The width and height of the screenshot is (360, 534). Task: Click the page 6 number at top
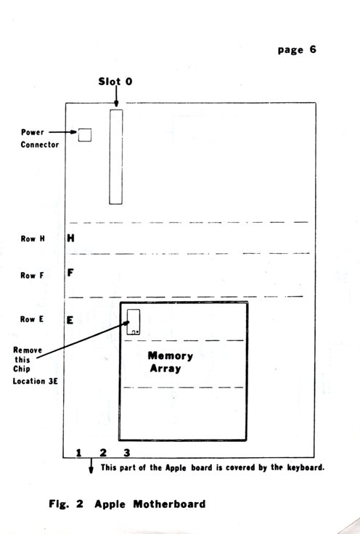(x=295, y=50)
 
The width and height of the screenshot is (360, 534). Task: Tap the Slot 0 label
(x=115, y=82)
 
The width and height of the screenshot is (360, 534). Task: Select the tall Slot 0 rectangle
(x=115, y=157)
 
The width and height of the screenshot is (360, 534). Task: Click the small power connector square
(x=84, y=134)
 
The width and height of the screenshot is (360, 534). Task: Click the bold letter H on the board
(x=70, y=238)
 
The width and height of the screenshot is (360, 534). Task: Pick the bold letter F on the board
(x=70, y=274)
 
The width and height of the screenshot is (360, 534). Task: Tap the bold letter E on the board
(x=70, y=319)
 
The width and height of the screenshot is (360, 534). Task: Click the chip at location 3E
(x=133, y=321)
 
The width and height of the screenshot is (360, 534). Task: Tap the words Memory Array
(x=170, y=362)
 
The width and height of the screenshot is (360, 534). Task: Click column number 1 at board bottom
(x=78, y=453)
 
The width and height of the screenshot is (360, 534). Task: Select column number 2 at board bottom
(x=103, y=453)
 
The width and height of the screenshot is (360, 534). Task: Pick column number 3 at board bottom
(x=127, y=453)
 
